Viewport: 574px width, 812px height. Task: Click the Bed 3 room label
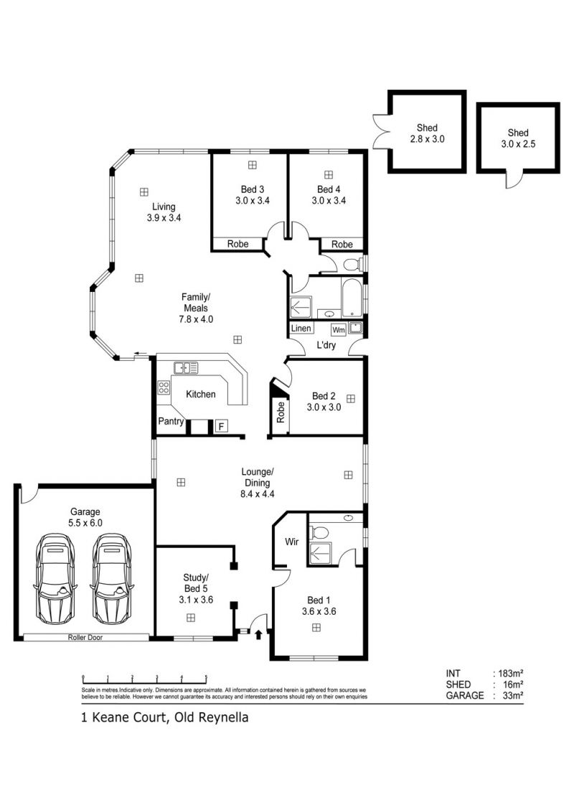click(253, 194)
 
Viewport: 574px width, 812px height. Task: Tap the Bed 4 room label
click(329, 194)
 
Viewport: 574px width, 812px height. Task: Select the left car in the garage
click(55, 579)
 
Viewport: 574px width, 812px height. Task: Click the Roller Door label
click(85, 638)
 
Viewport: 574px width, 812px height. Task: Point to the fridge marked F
click(221, 427)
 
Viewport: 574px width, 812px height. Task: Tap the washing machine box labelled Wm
click(338, 330)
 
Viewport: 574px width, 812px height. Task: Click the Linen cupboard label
click(301, 329)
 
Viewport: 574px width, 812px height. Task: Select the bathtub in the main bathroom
click(352, 298)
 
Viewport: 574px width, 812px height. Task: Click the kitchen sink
click(185, 368)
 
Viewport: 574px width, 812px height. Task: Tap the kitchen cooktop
click(164, 387)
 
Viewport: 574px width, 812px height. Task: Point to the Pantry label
click(171, 422)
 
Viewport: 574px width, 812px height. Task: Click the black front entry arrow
click(258, 634)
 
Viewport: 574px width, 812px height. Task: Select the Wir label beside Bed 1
click(291, 542)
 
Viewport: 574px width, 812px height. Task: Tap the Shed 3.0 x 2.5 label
click(518, 138)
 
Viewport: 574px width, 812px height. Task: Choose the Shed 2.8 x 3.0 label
click(427, 133)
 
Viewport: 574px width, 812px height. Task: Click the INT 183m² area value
click(510, 674)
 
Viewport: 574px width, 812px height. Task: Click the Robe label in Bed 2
click(281, 412)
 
